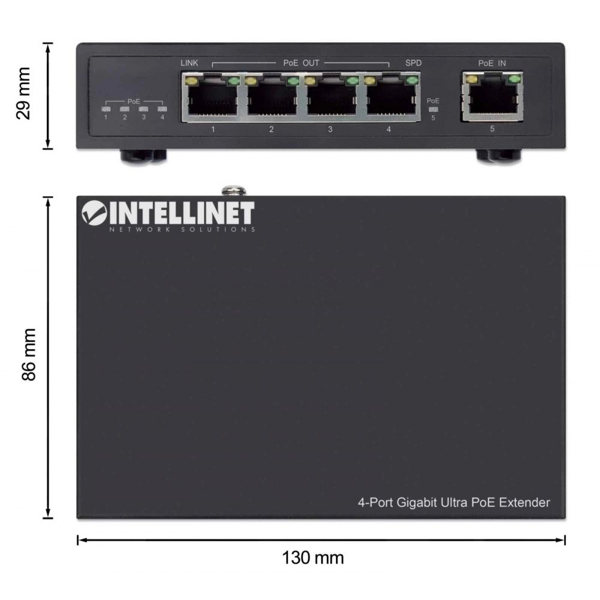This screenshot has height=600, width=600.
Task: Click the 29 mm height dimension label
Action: (23, 94)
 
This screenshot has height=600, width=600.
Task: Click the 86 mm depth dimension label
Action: (29, 355)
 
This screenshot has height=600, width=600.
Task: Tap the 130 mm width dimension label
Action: (313, 558)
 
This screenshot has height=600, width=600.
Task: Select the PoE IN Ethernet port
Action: (492, 96)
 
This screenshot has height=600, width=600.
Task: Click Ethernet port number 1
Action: (211, 97)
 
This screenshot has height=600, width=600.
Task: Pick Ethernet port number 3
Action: (331, 97)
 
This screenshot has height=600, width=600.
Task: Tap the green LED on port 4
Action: (412, 80)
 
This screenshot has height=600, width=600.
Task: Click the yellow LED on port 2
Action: (251, 81)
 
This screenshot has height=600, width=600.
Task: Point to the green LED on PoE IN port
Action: (514, 79)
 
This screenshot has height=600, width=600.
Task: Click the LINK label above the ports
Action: (190, 63)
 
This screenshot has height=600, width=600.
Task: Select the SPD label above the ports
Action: (413, 63)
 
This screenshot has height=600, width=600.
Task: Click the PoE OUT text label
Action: (301, 63)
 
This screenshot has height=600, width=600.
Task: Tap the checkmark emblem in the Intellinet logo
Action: (94, 213)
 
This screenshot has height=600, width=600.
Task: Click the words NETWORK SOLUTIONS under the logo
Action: (182, 230)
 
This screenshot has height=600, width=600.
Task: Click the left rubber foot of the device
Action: (143, 156)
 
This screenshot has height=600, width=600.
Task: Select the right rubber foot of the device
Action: (499, 156)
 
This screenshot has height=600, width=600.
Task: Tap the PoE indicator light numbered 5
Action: (433, 109)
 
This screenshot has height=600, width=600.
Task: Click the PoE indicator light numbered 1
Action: (106, 109)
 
